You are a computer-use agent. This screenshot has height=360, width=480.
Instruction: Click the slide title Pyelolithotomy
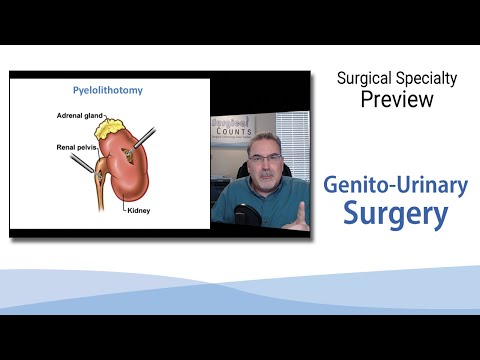109,90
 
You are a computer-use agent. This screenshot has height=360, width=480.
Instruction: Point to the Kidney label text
139,212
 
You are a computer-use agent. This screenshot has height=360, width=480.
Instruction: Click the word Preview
398,99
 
